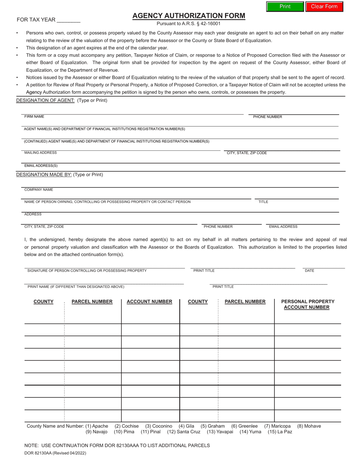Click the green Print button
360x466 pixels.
[x=285, y=6]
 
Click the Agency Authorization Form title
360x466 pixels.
[x=188, y=16]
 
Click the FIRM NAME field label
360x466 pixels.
[x=34, y=117]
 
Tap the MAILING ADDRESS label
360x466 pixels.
[x=41, y=153]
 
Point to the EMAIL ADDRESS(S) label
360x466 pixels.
[x=41, y=166]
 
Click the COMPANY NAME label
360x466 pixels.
[x=39, y=189]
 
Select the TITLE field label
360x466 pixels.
[x=263, y=202]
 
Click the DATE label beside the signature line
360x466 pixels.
[x=309, y=271]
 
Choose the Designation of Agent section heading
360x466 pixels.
[x=45, y=100]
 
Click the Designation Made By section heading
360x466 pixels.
[x=44, y=175]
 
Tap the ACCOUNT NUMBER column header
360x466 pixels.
[x=149, y=302]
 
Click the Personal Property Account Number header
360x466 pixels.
[x=307, y=304]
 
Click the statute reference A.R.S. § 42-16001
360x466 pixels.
[x=188, y=23]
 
